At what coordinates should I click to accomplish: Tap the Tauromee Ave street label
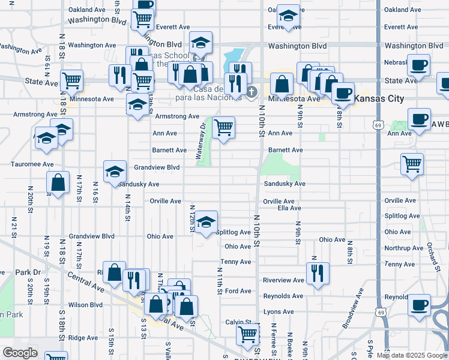[32, 164]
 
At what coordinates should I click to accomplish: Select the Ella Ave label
[289, 208]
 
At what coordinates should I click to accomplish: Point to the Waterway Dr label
[200, 140]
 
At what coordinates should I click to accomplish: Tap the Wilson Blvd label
[86, 305]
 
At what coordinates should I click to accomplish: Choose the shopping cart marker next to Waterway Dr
[223, 127]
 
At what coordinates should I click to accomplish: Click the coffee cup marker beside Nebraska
[419, 64]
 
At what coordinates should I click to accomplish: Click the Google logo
[20, 353]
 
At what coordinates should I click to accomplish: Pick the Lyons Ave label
[279, 312]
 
